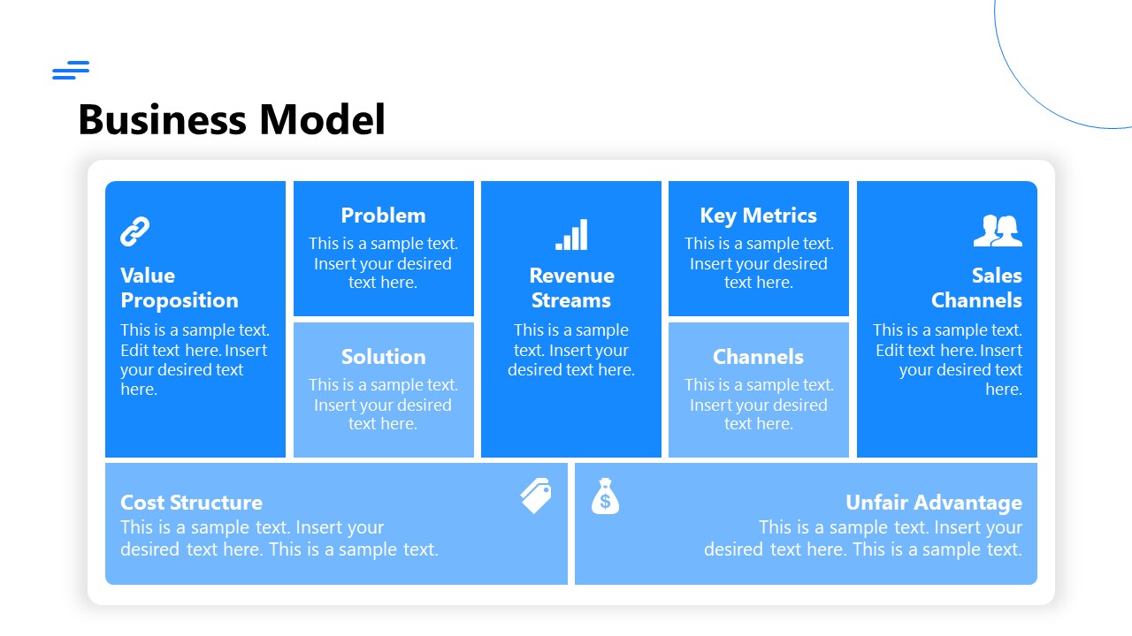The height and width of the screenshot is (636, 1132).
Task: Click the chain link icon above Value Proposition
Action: [134, 231]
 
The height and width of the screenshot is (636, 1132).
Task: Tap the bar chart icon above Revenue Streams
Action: [571, 235]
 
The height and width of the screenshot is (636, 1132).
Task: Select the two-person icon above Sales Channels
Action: [998, 231]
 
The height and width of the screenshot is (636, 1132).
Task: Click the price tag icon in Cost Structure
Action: [536, 496]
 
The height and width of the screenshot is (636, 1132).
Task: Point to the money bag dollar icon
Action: [605, 496]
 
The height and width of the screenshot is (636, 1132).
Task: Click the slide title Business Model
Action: [232, 119]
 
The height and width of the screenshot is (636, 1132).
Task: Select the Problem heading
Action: [383, 216]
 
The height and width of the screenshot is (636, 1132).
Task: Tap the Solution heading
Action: [383, 357]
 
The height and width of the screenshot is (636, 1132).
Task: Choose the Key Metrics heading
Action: [758, 216]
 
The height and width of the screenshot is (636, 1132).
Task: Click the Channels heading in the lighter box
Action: [758, 357]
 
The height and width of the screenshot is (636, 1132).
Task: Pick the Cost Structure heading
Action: [191, 503]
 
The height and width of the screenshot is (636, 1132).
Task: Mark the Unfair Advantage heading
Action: [933, 503]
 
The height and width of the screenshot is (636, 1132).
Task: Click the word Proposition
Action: [180, 300]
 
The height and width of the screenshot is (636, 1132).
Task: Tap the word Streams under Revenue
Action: [571, 300]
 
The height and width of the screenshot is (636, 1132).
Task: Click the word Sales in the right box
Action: [997, 276]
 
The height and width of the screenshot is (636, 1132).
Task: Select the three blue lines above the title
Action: [71, 71]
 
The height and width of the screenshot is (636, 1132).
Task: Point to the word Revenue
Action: [571, 276]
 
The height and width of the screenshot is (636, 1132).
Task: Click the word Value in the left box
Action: [148, 276]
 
